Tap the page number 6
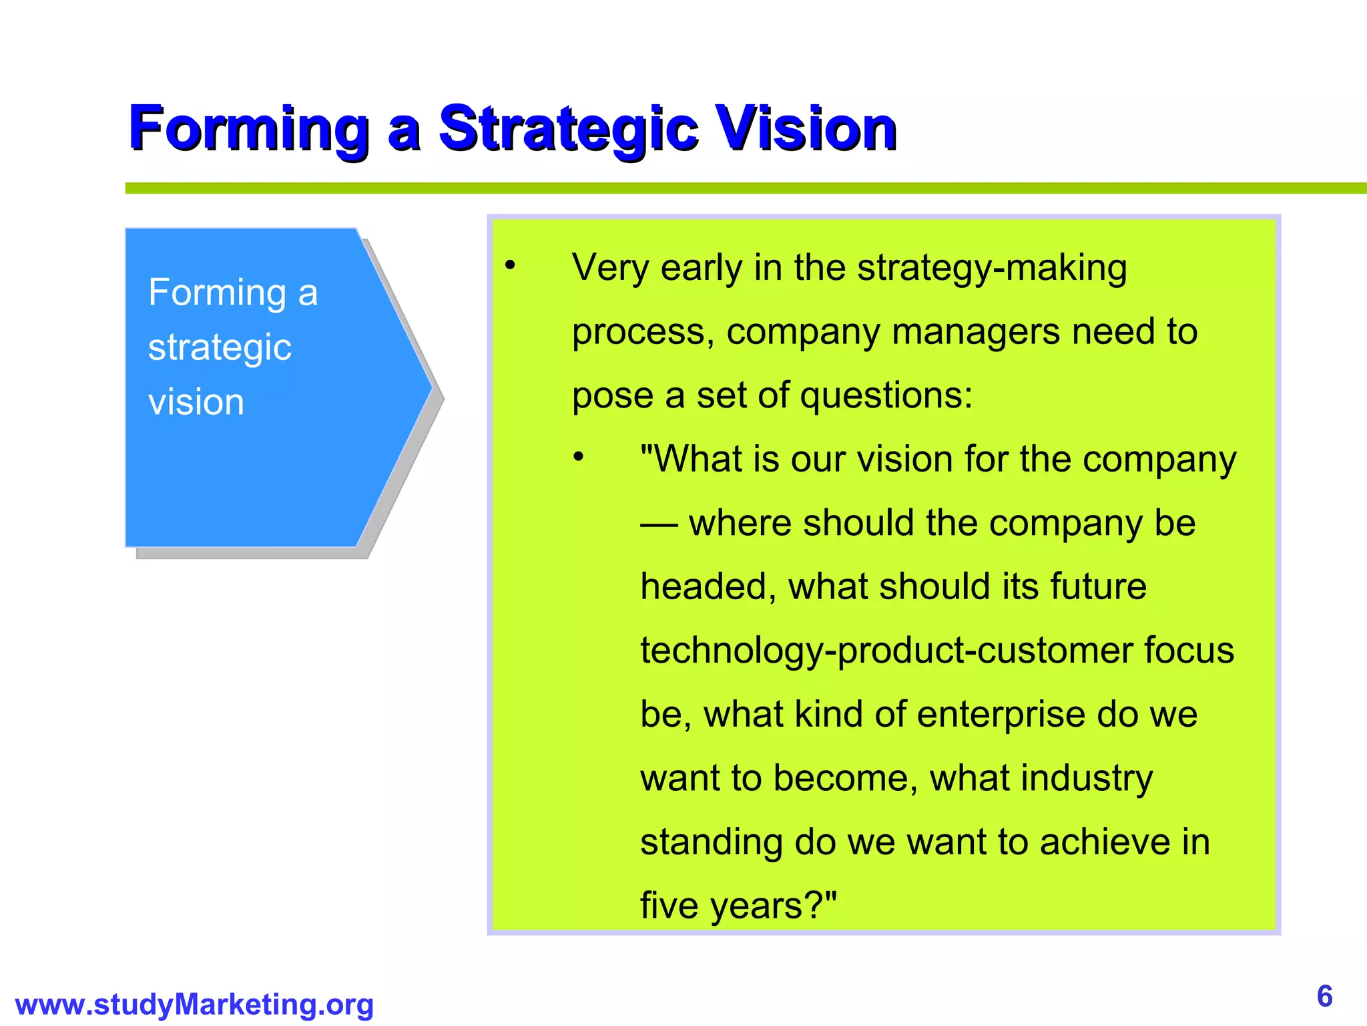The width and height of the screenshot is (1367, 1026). (1324, 996)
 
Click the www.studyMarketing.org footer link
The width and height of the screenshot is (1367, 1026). (194, 1004)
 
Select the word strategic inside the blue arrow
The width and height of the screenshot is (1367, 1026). (220, 348)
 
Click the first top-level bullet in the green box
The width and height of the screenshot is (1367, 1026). (511, 267)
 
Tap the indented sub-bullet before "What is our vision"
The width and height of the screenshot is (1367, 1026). (579, 458)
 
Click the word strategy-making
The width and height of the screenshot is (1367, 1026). (992, 269)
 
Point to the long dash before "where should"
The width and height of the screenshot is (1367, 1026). (659, 524)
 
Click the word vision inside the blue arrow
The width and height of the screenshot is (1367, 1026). (196, 402)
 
